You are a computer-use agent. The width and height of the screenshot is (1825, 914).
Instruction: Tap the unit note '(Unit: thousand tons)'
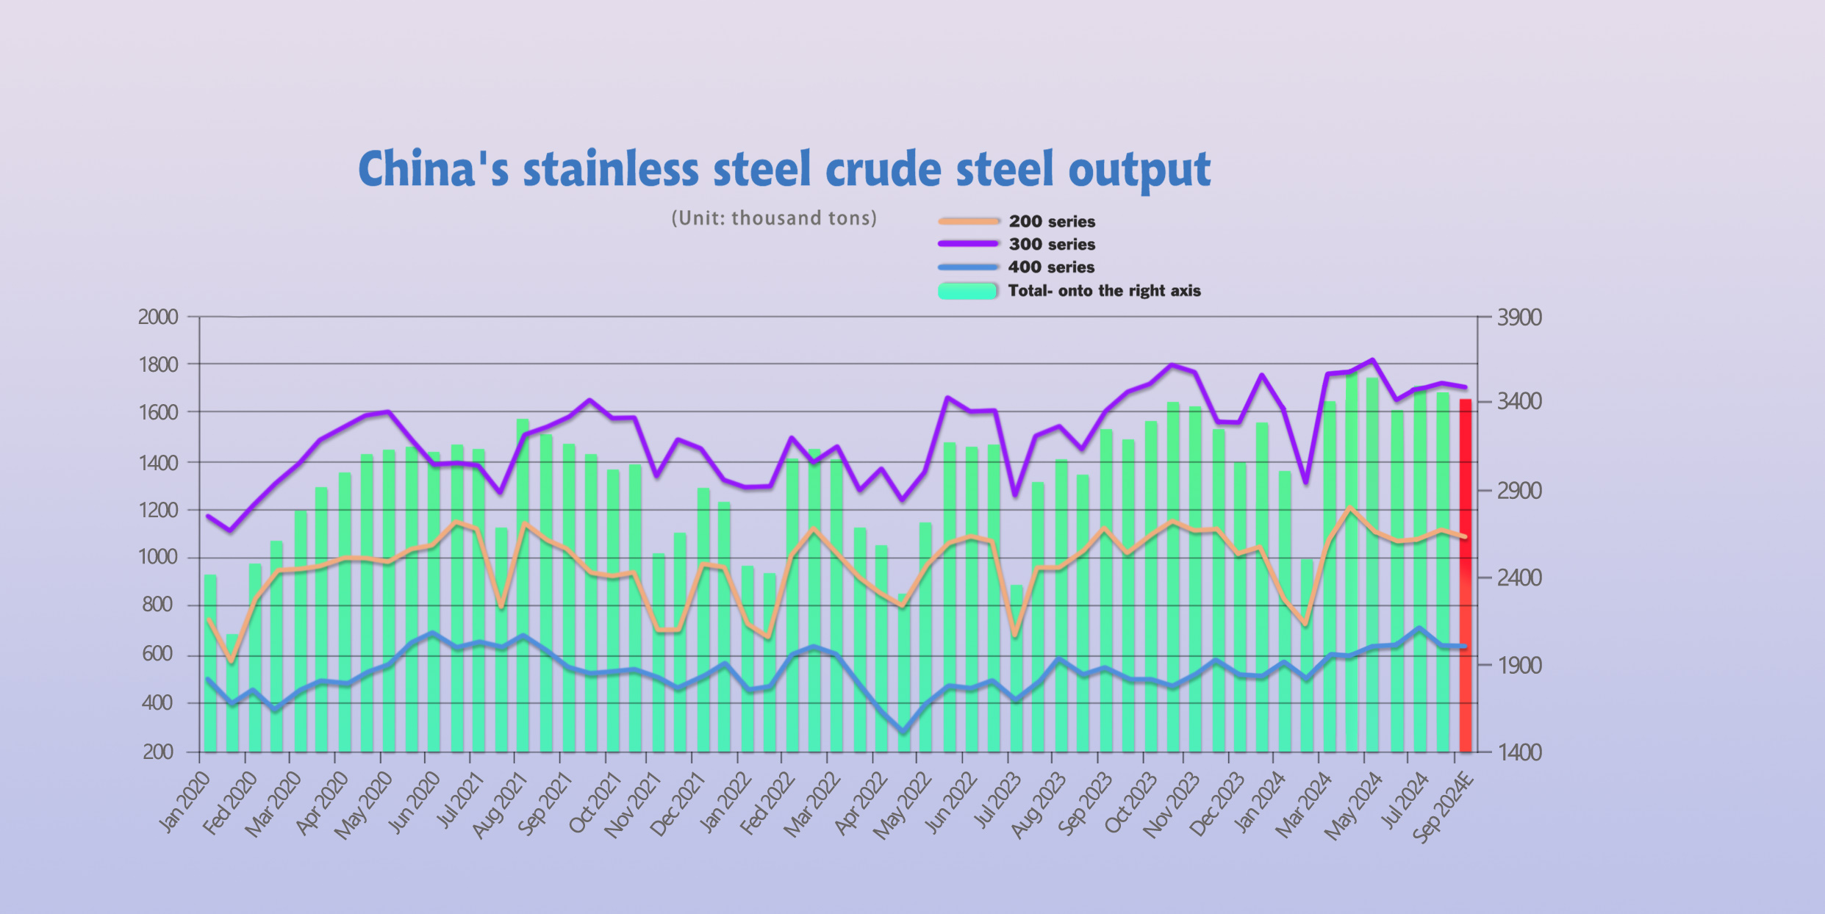(x=774, y=218)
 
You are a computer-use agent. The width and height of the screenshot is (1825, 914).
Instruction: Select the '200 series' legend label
(x=1052, y=221)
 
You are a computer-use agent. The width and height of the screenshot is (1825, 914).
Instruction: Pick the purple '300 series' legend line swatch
(x=968, y=244)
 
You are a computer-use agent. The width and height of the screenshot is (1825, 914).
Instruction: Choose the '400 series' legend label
(x=1051, y=267)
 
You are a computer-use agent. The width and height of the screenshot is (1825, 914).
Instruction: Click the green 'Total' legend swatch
(x=968, y=291)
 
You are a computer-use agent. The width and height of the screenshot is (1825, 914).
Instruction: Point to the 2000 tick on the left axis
(x=158, y=317)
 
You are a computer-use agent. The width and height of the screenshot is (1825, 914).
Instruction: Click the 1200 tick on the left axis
(x=158, y=510)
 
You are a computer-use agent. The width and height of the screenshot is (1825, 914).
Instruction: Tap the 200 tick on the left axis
(x=158, y=752)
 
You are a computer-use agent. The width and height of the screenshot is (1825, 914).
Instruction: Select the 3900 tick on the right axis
(x=1519, y=317)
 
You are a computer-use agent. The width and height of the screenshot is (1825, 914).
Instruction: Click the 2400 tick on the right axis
(x=1519, y=577)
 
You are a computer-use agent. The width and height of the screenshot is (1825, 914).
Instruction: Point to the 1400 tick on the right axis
(x=1519, y=752)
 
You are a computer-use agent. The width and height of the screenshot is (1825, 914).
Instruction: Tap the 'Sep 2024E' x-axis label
(x=1443, y=807)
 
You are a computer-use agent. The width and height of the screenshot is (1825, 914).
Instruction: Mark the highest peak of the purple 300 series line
(x=1372, y=359)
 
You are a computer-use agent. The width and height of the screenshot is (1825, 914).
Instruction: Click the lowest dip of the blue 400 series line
(x=903, y=732)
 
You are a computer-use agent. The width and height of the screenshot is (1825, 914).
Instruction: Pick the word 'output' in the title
(x=1139, y=170)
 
